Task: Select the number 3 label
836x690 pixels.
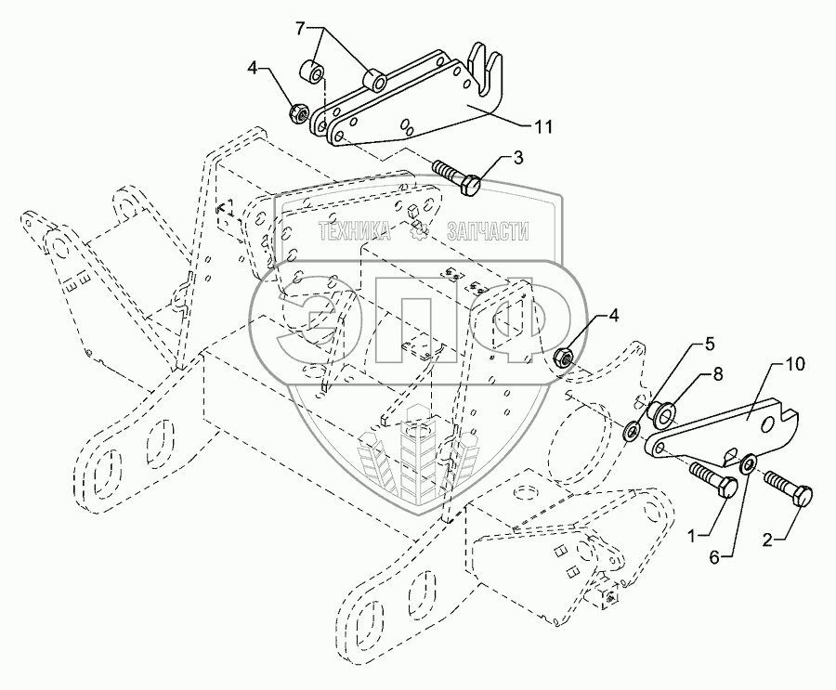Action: point(518,159)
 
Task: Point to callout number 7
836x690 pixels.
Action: point(300,30)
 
